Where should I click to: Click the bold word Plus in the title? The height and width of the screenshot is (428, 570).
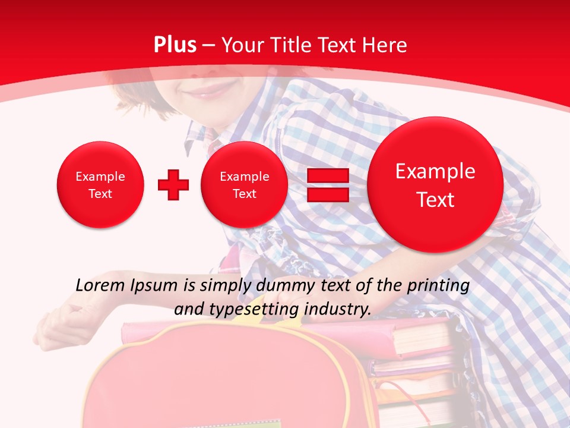pyautogui.click(x=175, y=45)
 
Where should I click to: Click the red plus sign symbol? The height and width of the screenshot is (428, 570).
pyautogui.click(x=173, y=185)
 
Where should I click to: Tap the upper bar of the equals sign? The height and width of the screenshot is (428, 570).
pyautogui.click(x=328, y=175)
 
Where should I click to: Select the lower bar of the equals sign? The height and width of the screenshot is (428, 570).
pyautogui.click(x=328, y=195)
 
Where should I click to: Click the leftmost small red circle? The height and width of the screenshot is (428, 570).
pyautogui.click(x=100, y=185)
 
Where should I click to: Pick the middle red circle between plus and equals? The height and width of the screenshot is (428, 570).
pyautogui.click(x=245, y=185)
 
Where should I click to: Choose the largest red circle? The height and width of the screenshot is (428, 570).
pyautogui.click(x=435, y=185)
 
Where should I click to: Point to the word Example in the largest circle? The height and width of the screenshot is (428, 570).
pyautogui.click(x=435, y=171)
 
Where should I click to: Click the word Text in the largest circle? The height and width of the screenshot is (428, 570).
pyautogui.click(x=435, y=200)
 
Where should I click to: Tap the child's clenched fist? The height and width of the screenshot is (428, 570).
pyautogui.click(x=59, y=321)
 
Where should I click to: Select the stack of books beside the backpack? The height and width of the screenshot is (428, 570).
pyautogui.click(x=416, y=369)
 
